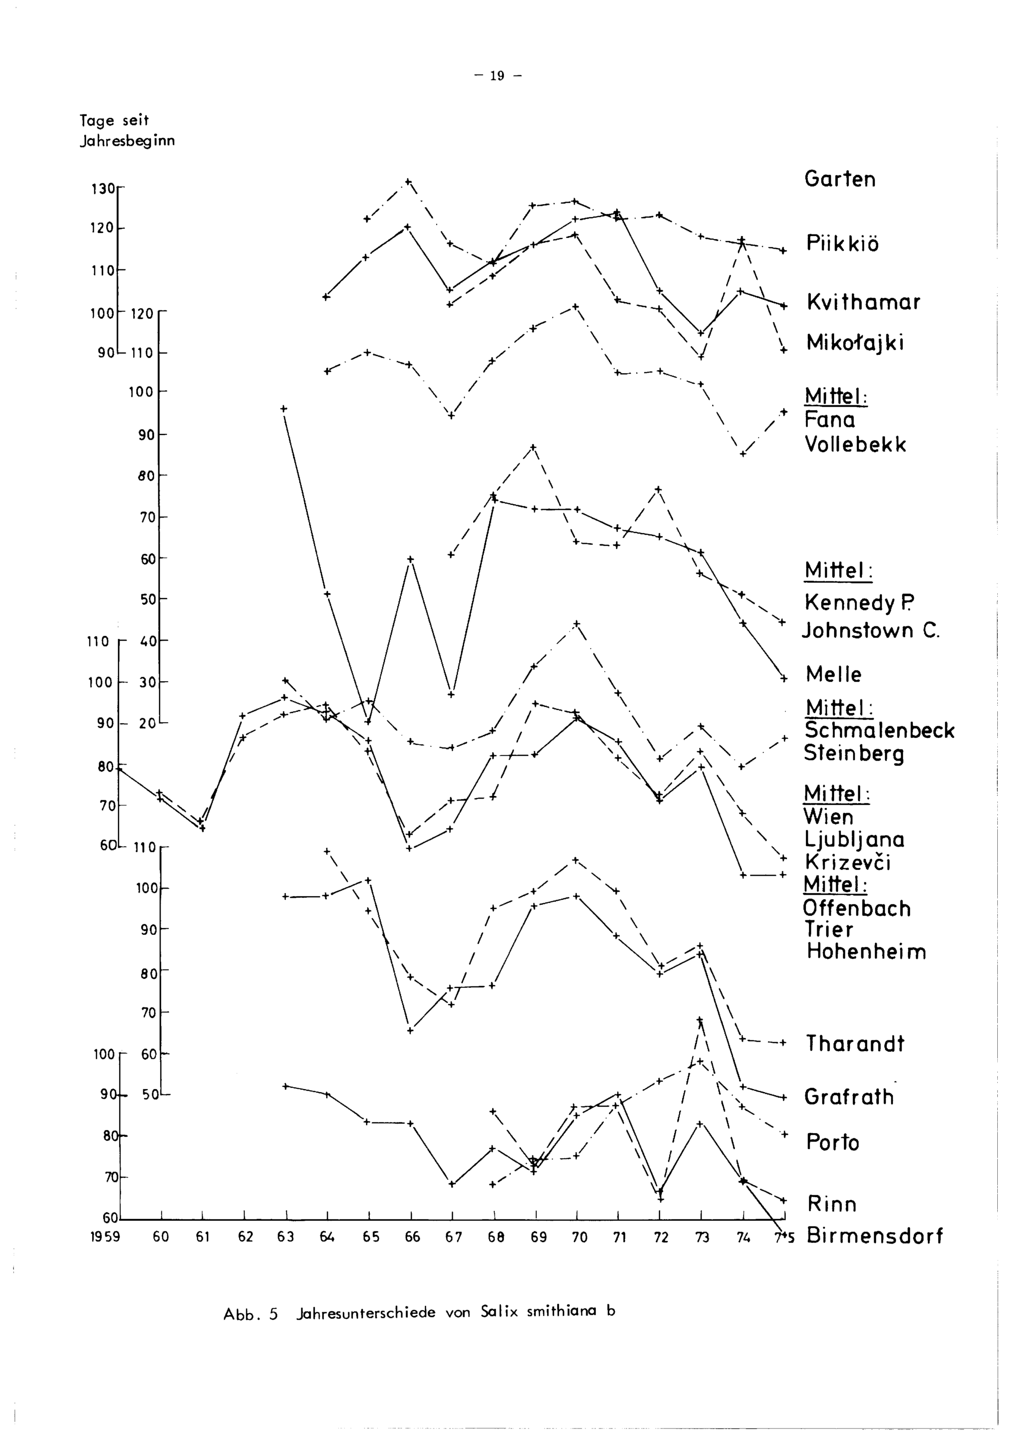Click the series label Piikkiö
pyautogui.click(x=842, y=243)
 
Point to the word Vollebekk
pyautogui.click(x=855, y=445)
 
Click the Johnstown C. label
pyautogui.click(x=870, y=630)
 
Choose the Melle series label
pyautogui.click(x=833, y=674)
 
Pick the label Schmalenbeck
pyautogui.click(x=879, y=730)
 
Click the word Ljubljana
pyautogui.click(x=854, y=840)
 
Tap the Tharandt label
pyautogui.click(x=854, y=1044)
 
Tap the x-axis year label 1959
pyautogui.click(x=105, y=1237)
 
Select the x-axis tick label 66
pyautogui.click(x=412, y=1237)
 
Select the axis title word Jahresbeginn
pyautogui.click(x=127, y=141)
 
